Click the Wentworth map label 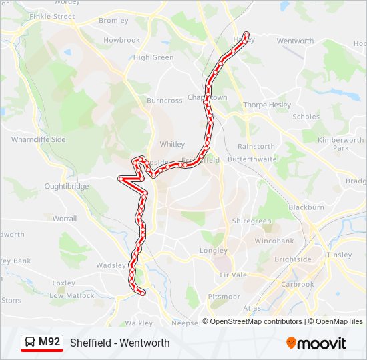tap(295, 41)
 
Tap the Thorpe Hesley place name tap(267, 105)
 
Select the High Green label tap(153, 57)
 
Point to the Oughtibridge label tap(67, 187)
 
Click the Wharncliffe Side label tap(39, 140)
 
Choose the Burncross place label tap(165, 101)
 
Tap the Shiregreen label tap(252, 221)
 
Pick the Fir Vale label tap(233, 274)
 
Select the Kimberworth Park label tap(341, 144)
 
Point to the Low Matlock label tap(72, 295)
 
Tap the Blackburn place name tap(306, 207)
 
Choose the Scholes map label tap(306, 117)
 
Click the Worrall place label tap(65, 218)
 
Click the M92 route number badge tap(49, 343)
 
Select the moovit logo tap(316, 343)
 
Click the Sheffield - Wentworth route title tap(120, 343)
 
